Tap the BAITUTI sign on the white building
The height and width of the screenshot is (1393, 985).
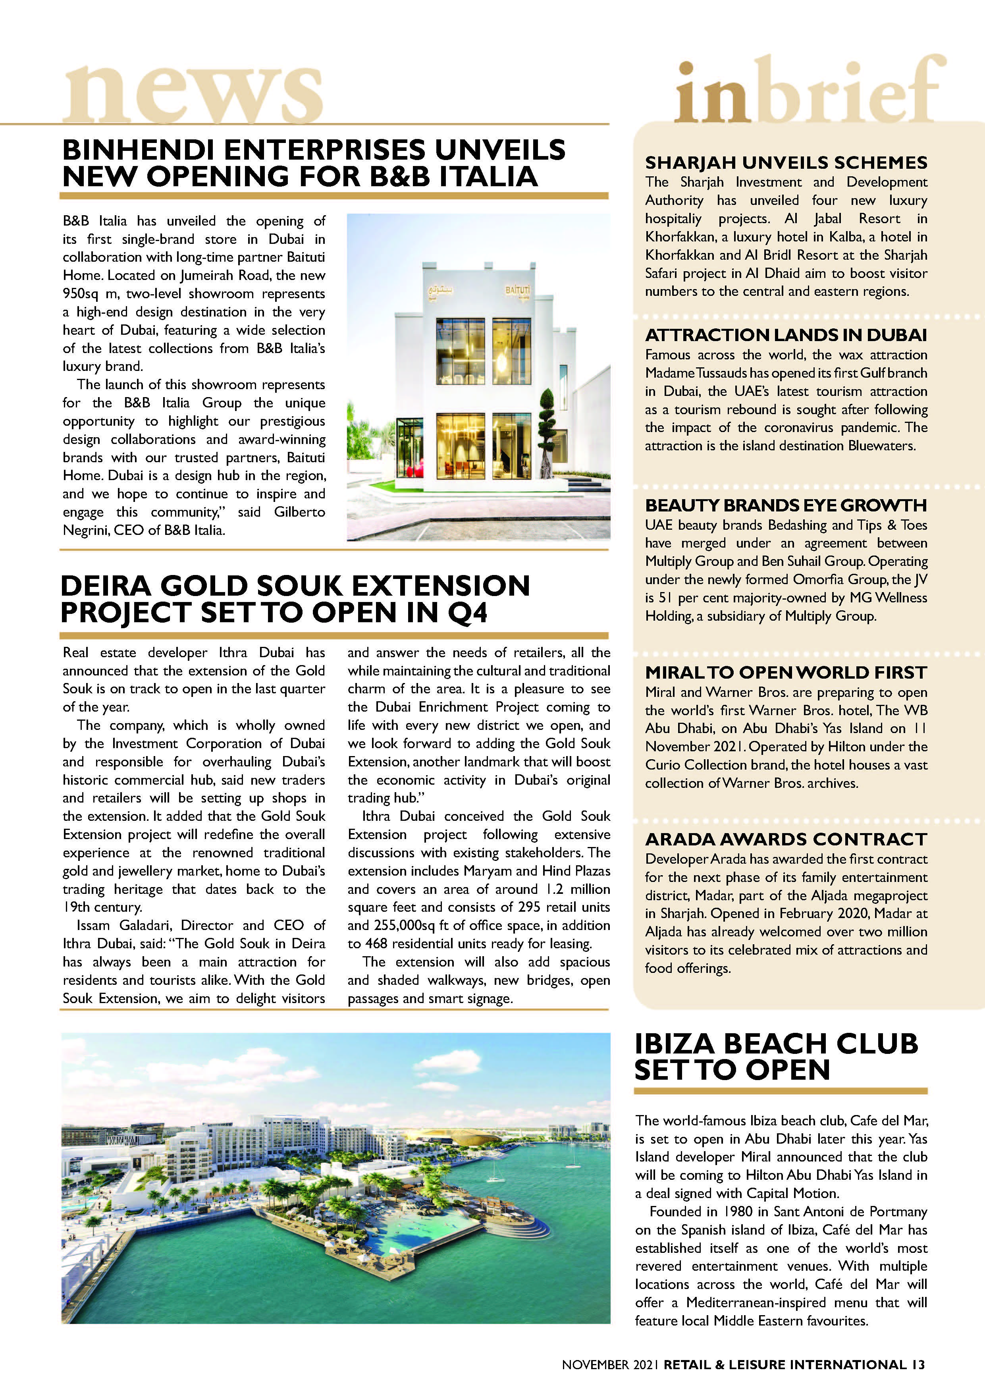517,291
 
